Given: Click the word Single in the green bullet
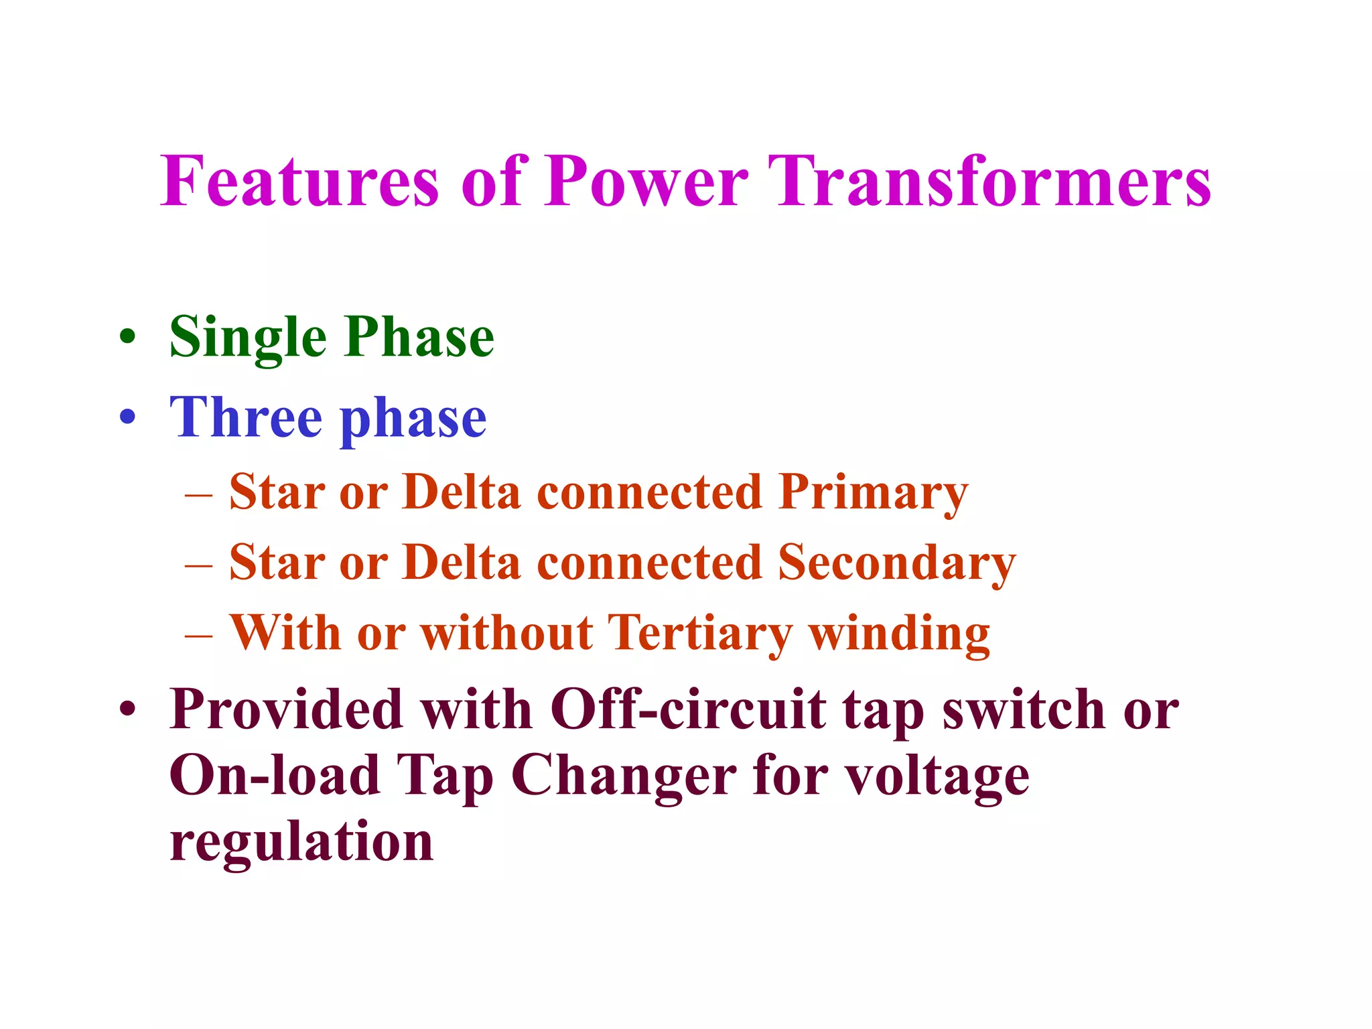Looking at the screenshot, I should (x=247, y=338).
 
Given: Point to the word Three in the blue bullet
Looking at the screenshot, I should (x=245, y=418).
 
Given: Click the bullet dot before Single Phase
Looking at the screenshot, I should (x=127, y=337).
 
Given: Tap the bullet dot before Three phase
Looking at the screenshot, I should (x=127, y=417).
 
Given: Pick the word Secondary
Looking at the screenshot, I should (x=896, y=563).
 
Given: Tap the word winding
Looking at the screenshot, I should (x=899, y=634).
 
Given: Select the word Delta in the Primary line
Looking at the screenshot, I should (x=462, y=492).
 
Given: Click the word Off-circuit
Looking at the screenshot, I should (x=687, y=709).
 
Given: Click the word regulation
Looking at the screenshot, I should (x=301, y=842).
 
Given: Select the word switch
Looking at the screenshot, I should (x=1023, y=709).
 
